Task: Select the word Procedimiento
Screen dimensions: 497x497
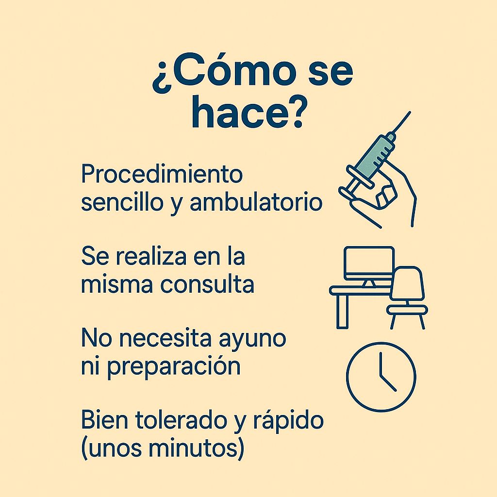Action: pyautogui.click(x=162, y=173)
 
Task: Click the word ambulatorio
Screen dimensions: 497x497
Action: pyautogui.click(x=256, y=202)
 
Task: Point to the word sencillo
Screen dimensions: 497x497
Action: pyautogui.click(x=122, y=202)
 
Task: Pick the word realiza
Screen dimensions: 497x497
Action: pyautogui.click(x=151, y=256)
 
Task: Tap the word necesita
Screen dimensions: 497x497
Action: pyautogui.click(x=165, y=339)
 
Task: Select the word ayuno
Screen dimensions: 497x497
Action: pyautogui.click(x=252, y=340)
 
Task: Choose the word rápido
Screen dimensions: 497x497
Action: pyautogui.click(x=288, y=422)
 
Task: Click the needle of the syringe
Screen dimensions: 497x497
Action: pyautogui.click(x=402, y=121)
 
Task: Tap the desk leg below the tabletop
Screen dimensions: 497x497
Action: pyautogui.click(x=342, y=311)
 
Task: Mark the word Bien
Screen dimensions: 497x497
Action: pyautogui.click(x=104, y=420)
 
